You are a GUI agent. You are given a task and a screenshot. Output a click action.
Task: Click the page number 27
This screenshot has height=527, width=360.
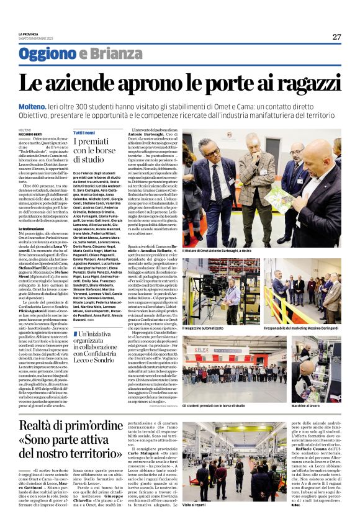[336, 37]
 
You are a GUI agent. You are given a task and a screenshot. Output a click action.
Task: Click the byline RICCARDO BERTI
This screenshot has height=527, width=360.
[29, 133]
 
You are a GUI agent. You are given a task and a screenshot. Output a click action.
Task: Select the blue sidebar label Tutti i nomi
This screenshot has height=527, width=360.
[84, 133]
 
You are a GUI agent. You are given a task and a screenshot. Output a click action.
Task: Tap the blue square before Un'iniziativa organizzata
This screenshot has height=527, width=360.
[74, 335]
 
